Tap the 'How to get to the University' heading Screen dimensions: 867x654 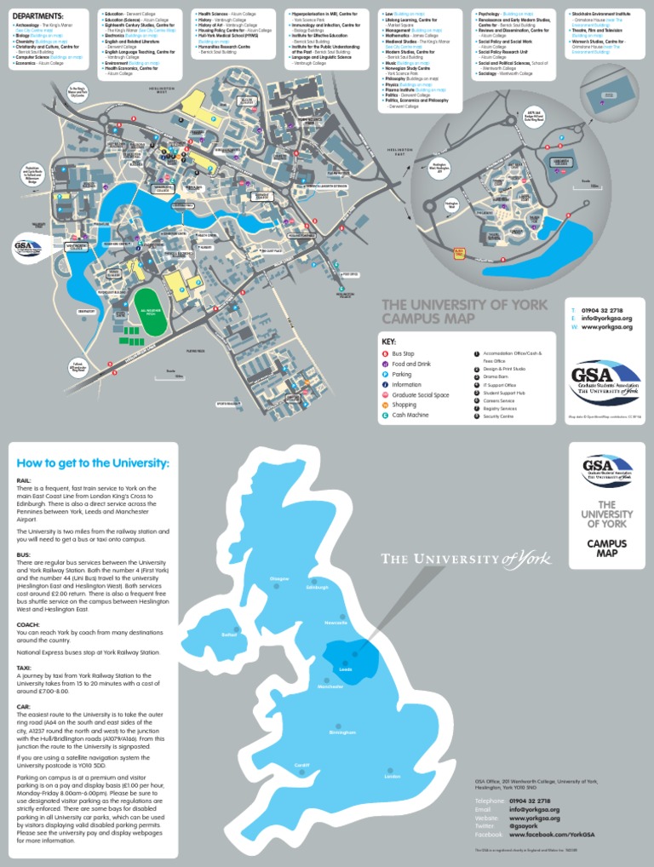93,463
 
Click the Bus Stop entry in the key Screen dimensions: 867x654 402,353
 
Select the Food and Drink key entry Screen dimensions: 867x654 411,364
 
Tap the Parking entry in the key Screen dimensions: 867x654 401,374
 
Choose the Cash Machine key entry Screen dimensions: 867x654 410,415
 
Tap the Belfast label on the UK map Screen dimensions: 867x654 227,634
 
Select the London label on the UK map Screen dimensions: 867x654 392,777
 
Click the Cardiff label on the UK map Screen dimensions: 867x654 301,765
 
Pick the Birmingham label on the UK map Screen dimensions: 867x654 341,732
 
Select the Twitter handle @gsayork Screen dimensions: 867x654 526,826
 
